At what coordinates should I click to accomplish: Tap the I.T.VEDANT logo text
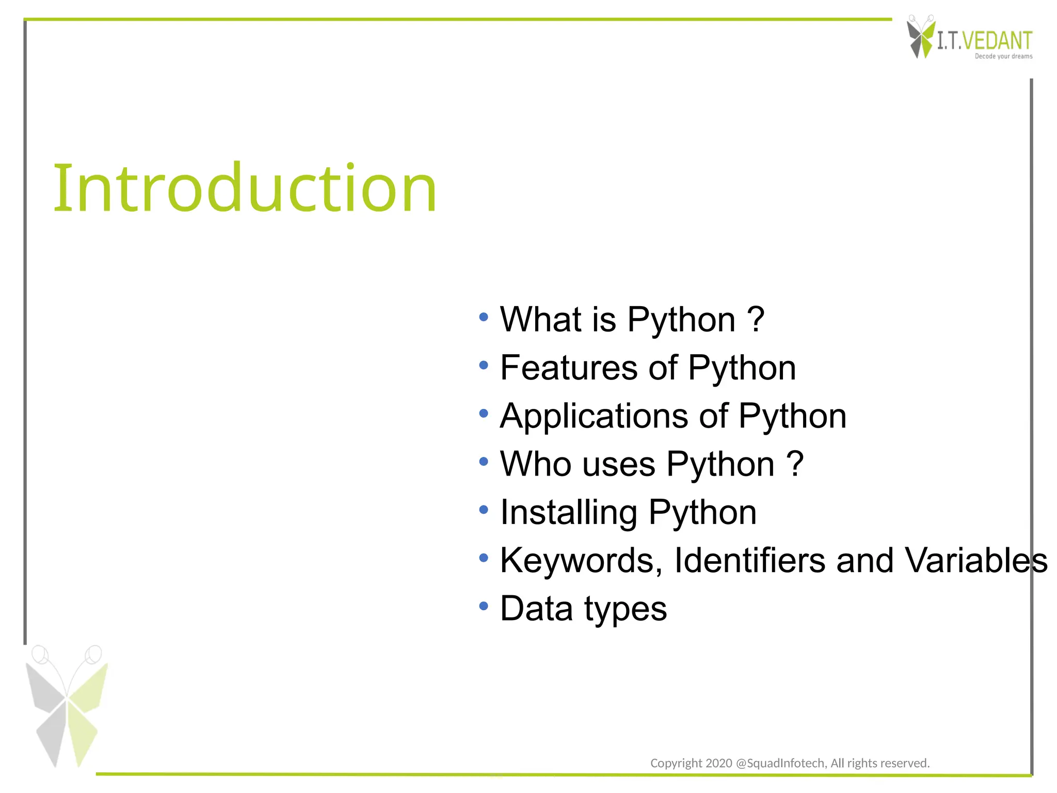click(x=984, y=41)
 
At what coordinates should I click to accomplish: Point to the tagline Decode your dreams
click(x=1003, y=56)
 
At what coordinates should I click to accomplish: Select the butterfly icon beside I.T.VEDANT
click(x=920, y=37)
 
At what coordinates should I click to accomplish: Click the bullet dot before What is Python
click(x=483, y=317)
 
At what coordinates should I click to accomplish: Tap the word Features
click(x=569, y=368)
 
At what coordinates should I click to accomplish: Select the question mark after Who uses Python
click(x=795, y=464)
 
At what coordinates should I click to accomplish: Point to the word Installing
click(x=569, y=513)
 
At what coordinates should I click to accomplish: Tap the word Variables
click(x=976, y=560)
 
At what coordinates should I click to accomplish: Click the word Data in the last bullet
click(x=536, y=609)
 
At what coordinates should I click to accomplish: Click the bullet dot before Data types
click(x=483, y=606)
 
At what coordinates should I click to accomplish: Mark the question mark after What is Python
click(x=756, y=319)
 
